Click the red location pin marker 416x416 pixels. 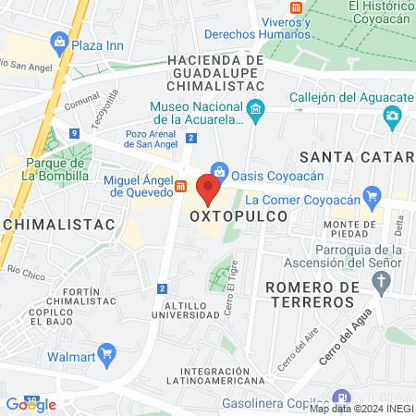point(208,190)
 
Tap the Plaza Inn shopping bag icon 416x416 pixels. point(60,41)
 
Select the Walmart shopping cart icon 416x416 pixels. point(106,351)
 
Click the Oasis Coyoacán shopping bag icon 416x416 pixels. point(219,170)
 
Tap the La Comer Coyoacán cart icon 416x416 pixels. point(373,195)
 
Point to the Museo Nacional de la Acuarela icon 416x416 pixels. point(256,114)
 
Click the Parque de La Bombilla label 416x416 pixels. point(45,167)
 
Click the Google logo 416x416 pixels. point(31,404)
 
